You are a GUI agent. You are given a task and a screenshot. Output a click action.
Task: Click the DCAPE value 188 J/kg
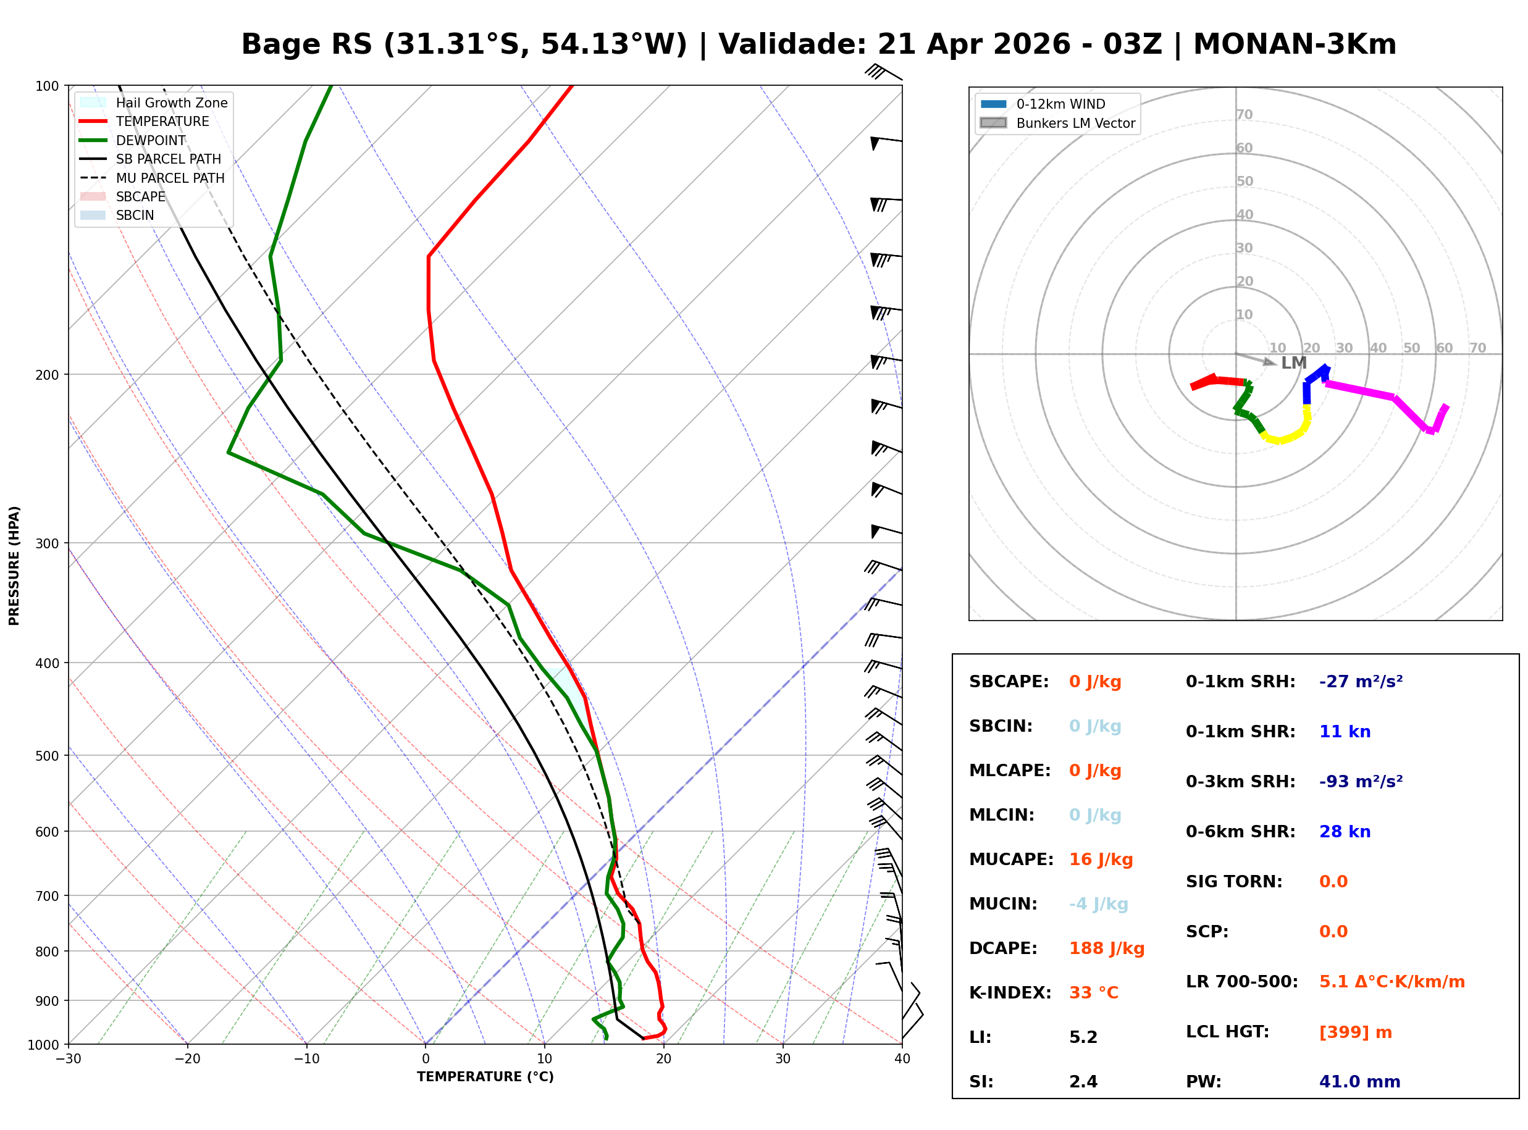point(1106,948)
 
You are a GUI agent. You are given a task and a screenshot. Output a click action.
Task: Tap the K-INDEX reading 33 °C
point(1093,992)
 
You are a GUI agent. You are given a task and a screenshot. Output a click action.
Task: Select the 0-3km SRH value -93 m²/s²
point(1361,781)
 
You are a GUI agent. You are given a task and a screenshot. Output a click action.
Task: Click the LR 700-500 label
point(1241,982)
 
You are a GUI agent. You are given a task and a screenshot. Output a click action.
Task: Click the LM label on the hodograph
point(1293,363)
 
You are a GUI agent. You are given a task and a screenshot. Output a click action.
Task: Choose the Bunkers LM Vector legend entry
point(1075,123)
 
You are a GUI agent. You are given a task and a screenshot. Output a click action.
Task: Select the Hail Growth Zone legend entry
point(171,103)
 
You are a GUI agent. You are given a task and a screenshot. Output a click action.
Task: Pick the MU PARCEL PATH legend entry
point(170,178)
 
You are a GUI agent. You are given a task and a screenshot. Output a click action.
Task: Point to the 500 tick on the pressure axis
point(48,756)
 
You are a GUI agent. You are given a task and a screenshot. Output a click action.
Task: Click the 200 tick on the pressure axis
point(48,375)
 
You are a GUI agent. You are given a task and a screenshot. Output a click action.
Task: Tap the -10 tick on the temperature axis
point(306,1059)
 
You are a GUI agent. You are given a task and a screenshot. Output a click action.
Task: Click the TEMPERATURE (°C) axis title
point(485,1077)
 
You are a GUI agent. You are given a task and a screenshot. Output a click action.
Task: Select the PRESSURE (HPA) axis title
point(14,565)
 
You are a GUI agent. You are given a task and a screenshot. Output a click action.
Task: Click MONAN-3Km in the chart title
point(1294,44)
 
